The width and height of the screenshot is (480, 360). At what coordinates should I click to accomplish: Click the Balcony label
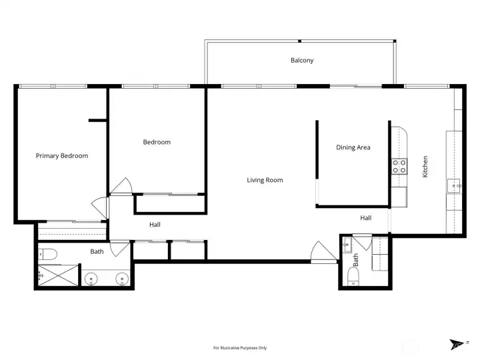pyautogui.click(x=302, y=60)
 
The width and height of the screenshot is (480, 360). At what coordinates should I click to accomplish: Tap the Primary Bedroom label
pyautogui.click(x=62, y=156)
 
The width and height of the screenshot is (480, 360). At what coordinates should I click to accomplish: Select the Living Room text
pyautogui.click(x=265, y=180)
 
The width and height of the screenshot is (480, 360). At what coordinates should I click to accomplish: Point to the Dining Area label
pyautogui.click(x=353, y=147)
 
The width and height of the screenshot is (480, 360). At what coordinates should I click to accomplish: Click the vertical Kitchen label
pyautogui.click(x=425, y=167)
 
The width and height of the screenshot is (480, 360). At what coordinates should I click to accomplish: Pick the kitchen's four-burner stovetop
pyautogui.click(x=399, y=166)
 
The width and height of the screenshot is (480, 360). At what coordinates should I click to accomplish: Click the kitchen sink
pyautogui.click(x=454, y=185)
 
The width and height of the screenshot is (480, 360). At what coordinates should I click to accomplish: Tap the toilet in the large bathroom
pyautogui.click(x=47, y=254)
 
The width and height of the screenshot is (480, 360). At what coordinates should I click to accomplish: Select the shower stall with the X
pyautogui.click(x=58, y=275)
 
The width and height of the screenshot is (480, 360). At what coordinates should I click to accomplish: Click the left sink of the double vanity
pyautogui.click(x=91, y=279)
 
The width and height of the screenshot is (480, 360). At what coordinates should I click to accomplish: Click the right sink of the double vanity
pyautogui.click(x=122, y=279)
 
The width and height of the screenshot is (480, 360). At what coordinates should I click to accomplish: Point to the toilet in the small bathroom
pyautogui.click(x=353, y=277)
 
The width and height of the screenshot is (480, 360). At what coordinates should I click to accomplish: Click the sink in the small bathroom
pyautogui.click(x=347, y=245)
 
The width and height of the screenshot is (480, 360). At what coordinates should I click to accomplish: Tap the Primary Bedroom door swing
pyautogui.click(x=100, y=207)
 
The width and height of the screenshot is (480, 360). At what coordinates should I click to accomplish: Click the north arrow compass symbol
pyautogui.click(x=458, y=344)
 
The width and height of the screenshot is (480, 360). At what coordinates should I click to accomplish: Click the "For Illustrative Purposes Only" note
pyautogui.click(x=240, y=348)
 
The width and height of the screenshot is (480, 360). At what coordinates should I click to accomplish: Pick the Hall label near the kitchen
pyautogui.click(x=366, y=218)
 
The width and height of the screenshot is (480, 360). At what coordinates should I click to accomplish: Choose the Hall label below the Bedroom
pyautogui.click(x=155, y=225)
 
